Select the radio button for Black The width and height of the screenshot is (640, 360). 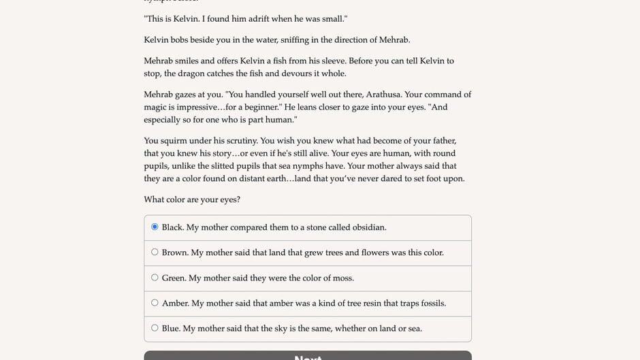tap(155, 227)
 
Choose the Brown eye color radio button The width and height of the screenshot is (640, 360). tap(155, 252)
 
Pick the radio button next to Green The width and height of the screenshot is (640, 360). tap(155, 278)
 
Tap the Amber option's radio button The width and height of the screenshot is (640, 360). tap(155, 303)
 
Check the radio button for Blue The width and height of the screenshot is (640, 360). tap(155, 328)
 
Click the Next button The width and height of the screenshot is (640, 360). tap(307, 356)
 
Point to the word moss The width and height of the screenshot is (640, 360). tap(343, 278)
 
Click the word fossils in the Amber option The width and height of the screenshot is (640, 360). tap(428, 303)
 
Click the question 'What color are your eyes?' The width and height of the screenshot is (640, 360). tap(192, 199)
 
